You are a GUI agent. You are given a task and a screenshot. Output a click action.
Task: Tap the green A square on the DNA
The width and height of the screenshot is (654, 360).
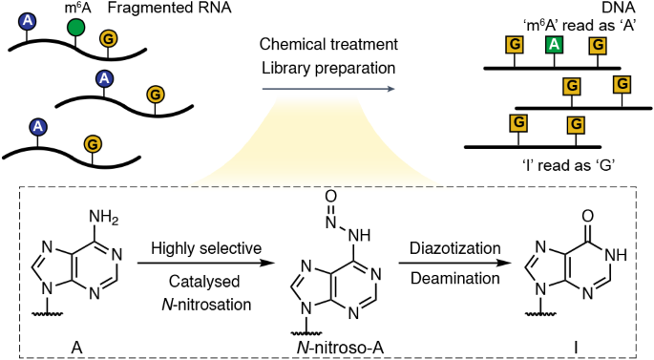(552, 44)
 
